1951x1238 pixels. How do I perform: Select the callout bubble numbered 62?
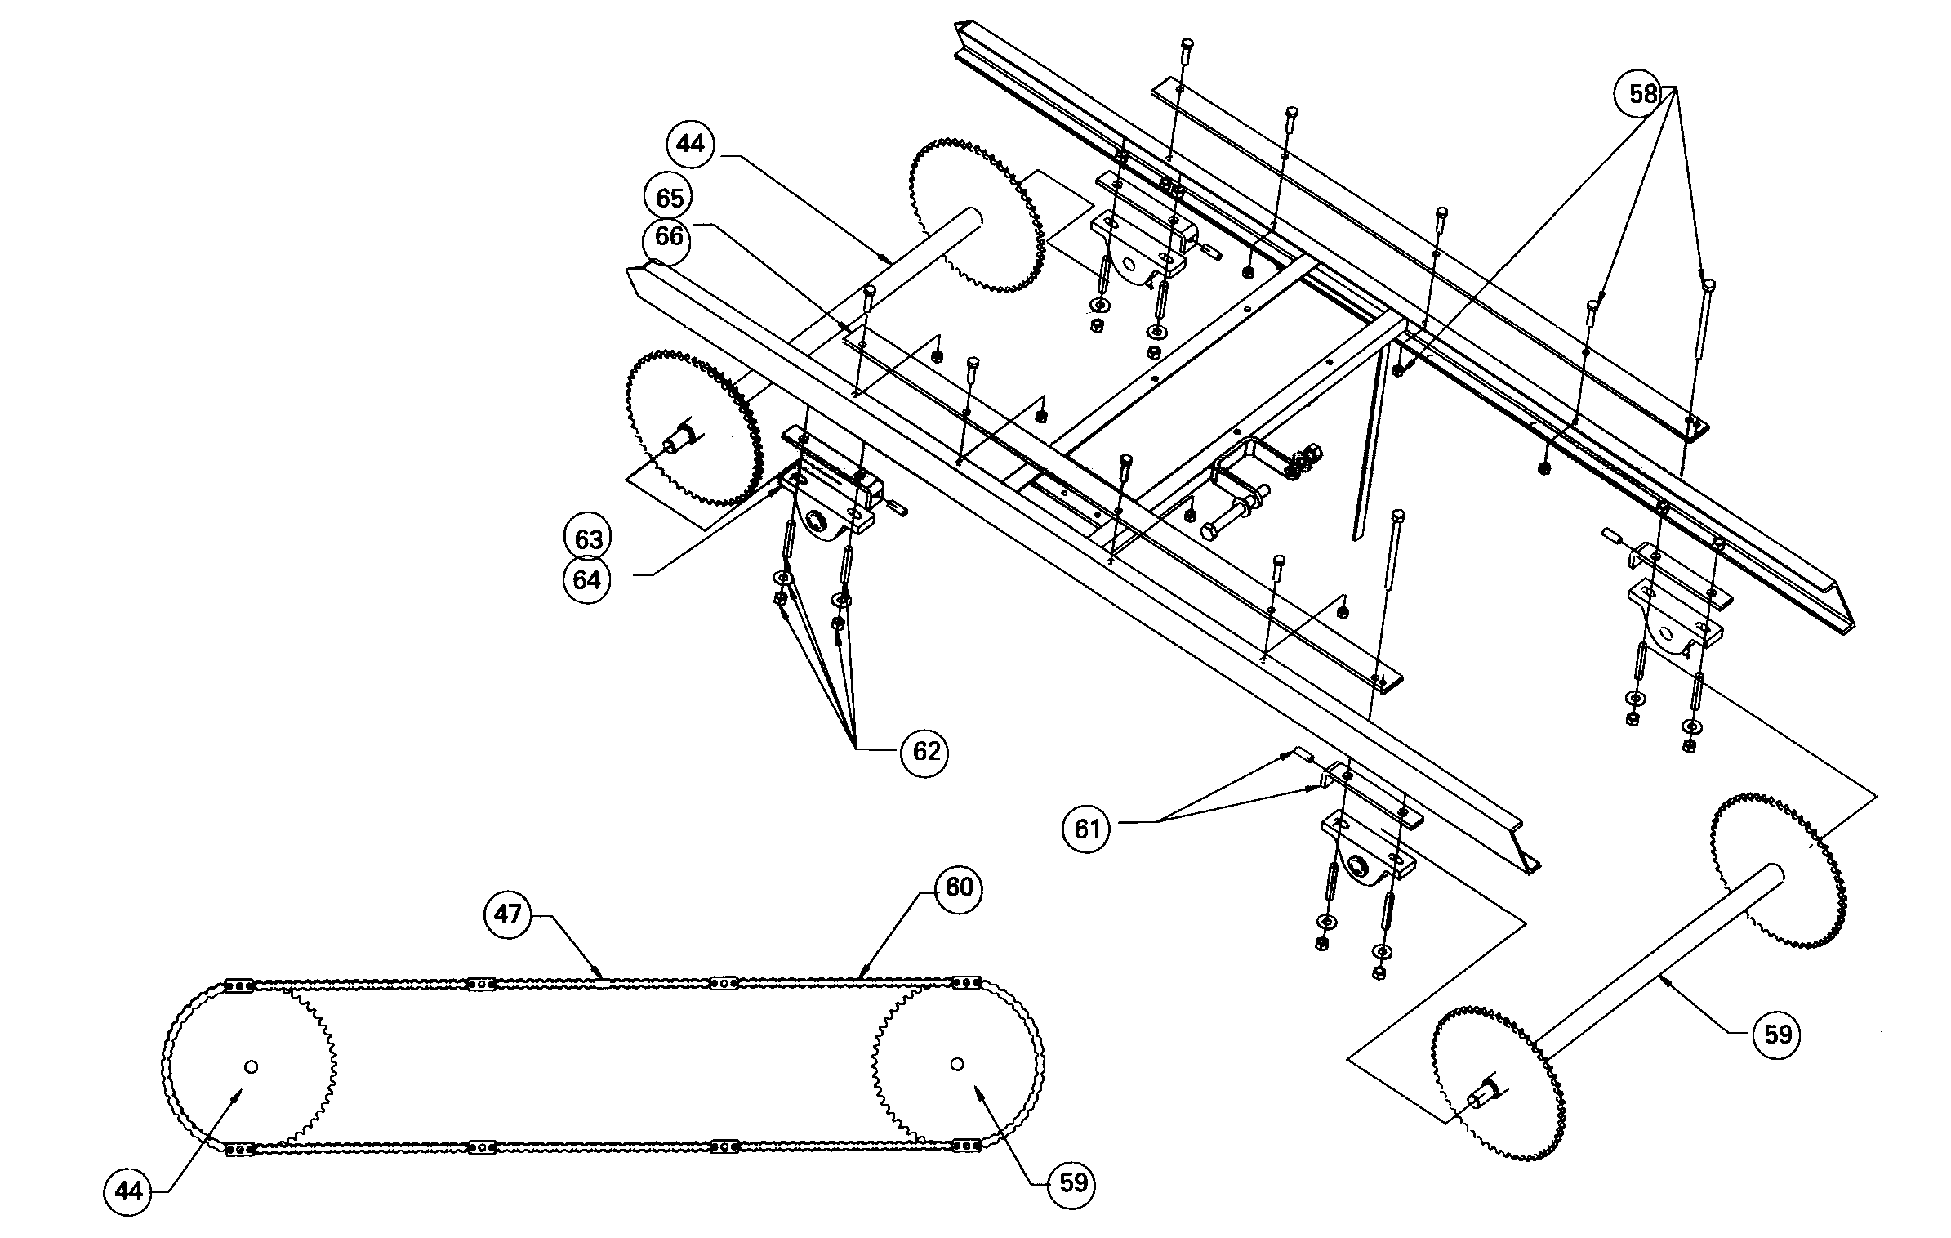tap(925, 751)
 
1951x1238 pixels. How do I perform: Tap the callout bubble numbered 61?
tap(1087, 829)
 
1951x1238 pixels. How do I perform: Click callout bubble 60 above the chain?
tap(958, 887)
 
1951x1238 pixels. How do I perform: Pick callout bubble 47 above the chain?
tap(507, 914)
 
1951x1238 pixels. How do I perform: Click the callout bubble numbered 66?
tap(668, 237)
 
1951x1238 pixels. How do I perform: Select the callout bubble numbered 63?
tap(588, 539)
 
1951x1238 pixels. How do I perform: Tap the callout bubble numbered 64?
tap(588, 579)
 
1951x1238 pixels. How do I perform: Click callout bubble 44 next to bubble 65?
tap(690, 144)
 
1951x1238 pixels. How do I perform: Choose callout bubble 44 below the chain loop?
tap(129, 1191)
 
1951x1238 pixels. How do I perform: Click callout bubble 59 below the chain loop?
tap(1072, 1182)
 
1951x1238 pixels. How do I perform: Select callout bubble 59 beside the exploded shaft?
tap(1777, 1035)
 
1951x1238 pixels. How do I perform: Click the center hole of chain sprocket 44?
tap(251, 1066)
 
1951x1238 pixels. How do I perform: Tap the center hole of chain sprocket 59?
tap(957, 1063)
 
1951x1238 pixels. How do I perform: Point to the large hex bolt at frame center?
tap(1212, 532)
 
